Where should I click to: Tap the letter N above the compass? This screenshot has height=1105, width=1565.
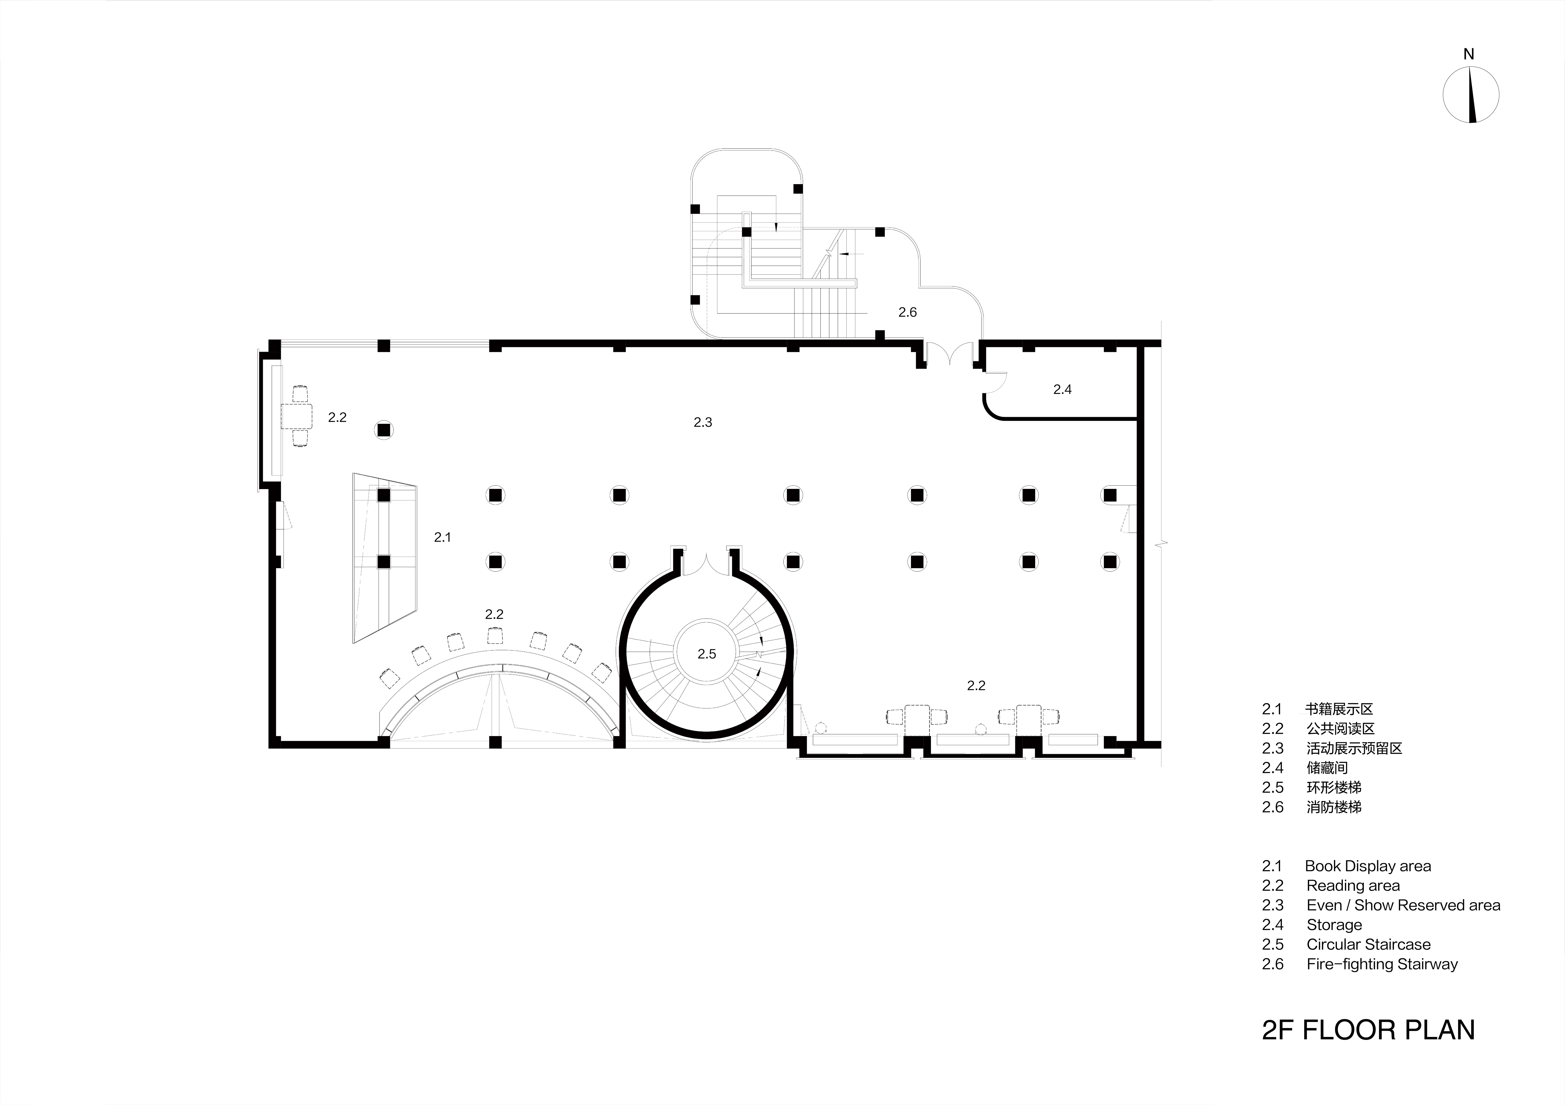pyautogui.click(x=1469, y=54)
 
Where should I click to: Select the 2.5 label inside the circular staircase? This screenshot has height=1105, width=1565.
pyautogui.click(x=707, y=654)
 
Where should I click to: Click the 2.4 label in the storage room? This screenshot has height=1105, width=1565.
pyautogui.click(x=1062, y=390)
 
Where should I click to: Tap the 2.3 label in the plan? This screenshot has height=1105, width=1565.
pyautogui.click(x=703, y=422)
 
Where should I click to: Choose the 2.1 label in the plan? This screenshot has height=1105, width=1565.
pyautogui.click(x=442, y=538)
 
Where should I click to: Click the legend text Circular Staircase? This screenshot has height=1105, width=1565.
pyautogui.click(x=1369, y=944)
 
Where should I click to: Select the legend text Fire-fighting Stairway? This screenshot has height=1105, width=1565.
pyautogui.click(x=1382, y=964)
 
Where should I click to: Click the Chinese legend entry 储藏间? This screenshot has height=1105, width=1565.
pyautogui.click(x=1327, y=768)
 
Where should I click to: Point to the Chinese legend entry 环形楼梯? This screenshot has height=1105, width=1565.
pyautogui.click(x=1334, y=787)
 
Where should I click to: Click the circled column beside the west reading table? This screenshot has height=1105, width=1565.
pyautogui.click(x=384, y=430)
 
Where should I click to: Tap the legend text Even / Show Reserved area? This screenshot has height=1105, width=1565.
pyautogui.click(x=1404, y=905)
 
